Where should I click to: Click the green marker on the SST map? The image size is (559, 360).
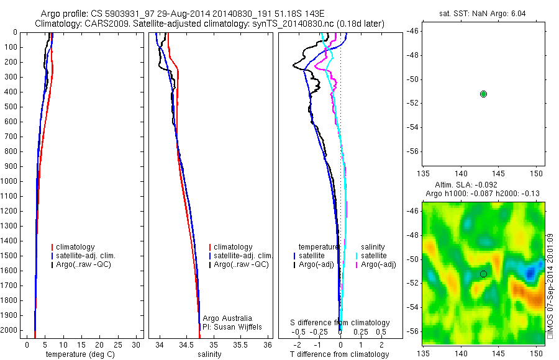[483, 94]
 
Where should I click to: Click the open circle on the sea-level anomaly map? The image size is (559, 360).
[483, 274]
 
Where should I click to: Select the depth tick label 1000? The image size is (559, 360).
[10, 181]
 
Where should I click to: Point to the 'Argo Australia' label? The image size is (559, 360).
[228, 318]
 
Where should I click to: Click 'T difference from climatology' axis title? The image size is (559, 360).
[340, 354]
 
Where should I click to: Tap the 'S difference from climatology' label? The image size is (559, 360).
[340, 323]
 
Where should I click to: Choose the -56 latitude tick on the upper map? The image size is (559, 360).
[412, 151]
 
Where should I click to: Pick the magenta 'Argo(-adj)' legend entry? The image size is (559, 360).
[378, 264]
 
